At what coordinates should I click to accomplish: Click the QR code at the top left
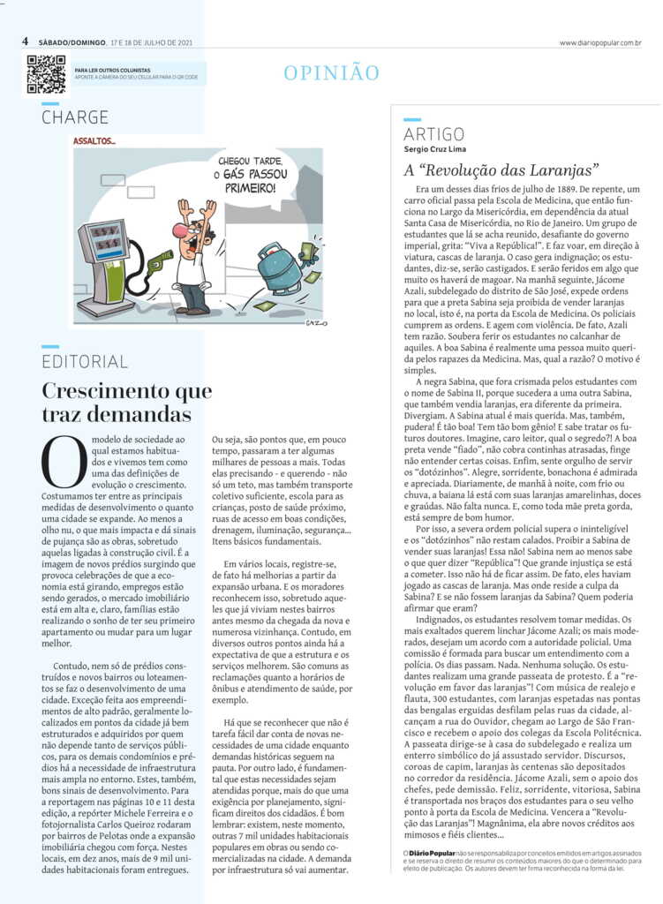pyautogui.click(x=46, y=74)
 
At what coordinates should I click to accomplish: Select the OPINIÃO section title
pyautogui.click(x=331, y=73)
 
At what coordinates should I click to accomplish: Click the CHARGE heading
pyautogui.click(x=75, y=117)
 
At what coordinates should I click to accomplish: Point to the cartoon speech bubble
pyautogui.click(x=241, y=174)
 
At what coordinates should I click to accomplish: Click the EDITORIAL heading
pyautogui.click(x=85, y=362)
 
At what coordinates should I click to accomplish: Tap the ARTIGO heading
pyautogui.click(x=433, y=134)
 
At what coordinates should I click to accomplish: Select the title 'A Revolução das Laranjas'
pyautogui.click(x=501, y=169)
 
